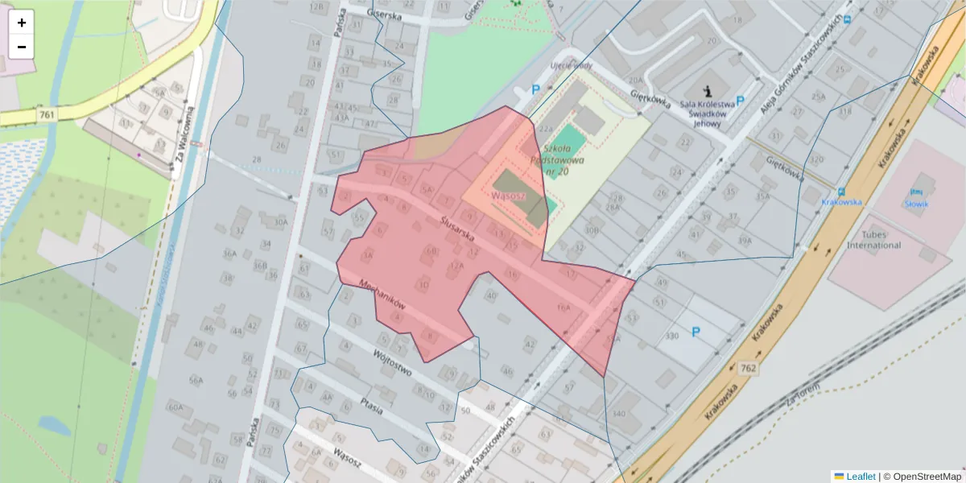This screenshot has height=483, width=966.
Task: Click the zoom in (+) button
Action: (22, 23)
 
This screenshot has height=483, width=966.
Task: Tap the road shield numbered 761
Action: (47, 115)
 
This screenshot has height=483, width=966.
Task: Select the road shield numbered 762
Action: (749, 368)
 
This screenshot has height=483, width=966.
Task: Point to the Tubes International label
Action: (874, 239)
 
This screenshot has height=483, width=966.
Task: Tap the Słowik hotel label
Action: (916, 204)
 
